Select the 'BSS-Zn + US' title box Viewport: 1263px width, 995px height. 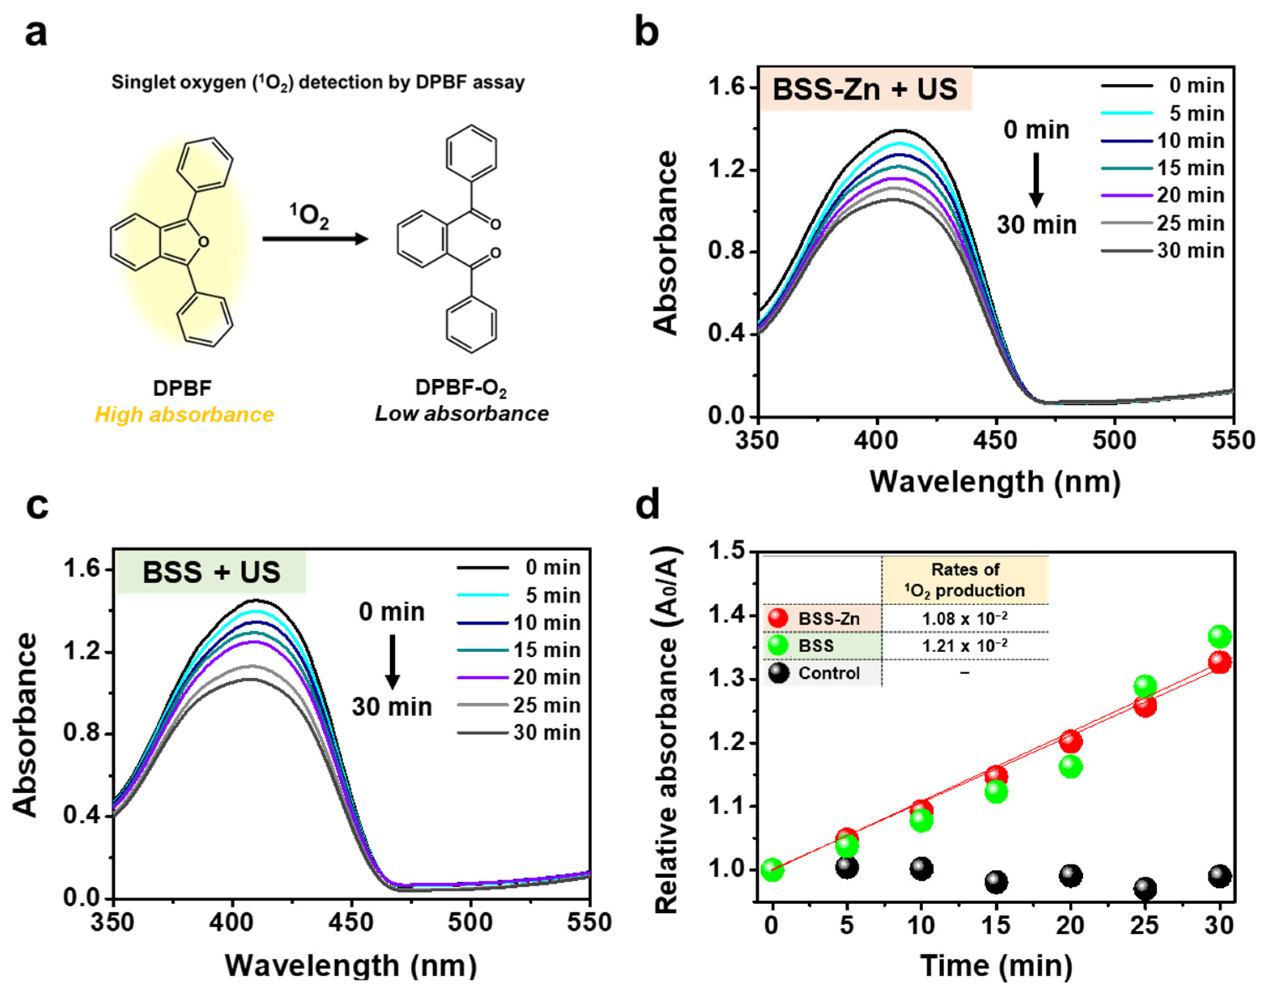(865, 90)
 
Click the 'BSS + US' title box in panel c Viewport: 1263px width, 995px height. (212, 572)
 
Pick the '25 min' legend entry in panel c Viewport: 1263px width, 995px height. (546, 705)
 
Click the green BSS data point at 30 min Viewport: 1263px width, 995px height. (1220, 637)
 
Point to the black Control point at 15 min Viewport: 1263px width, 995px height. (996, 882)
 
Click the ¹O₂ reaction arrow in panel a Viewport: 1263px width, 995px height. (315, 239)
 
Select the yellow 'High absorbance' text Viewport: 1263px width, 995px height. (184, 415)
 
